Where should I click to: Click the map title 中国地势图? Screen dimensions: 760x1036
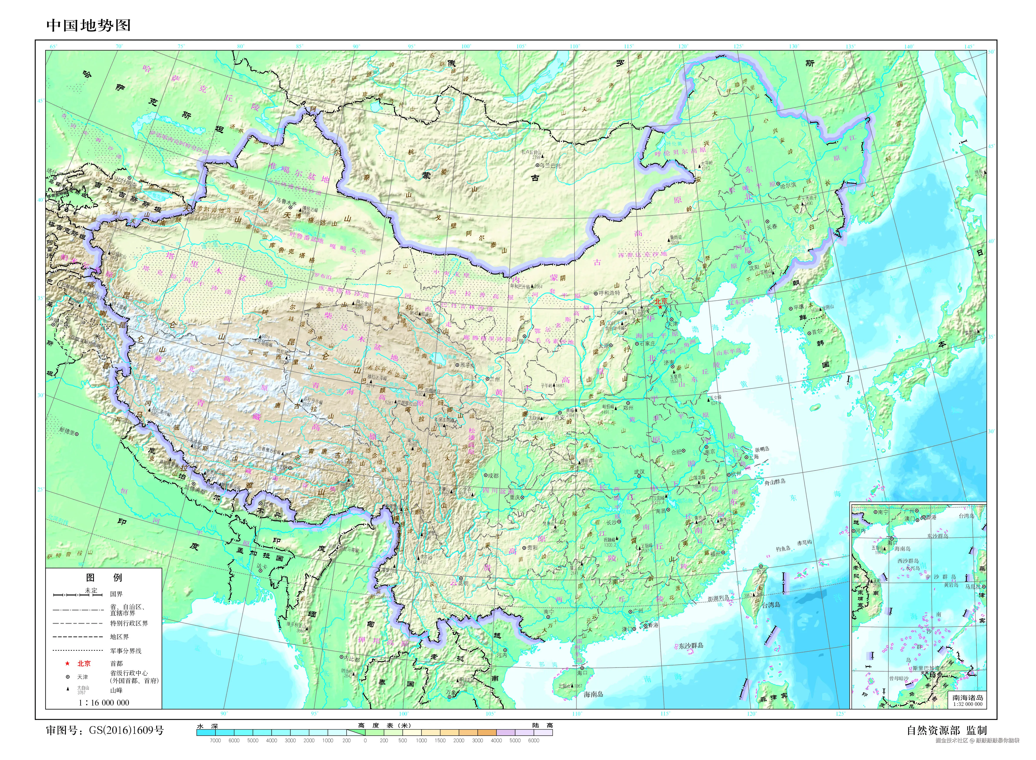[x=89, y=25]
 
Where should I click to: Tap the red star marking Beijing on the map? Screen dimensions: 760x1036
[x=660, y=307]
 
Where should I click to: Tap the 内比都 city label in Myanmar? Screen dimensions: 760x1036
[x=352, y=659]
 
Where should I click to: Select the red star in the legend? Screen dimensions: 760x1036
[x=68, y=663]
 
